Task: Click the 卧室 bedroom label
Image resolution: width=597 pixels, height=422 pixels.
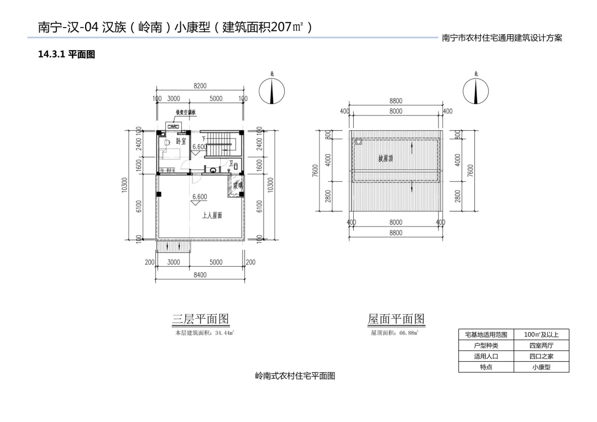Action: pos(181,141)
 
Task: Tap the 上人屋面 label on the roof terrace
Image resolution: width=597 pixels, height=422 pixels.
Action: pos(212,215)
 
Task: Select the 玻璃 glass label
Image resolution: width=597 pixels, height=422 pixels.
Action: pos(238,186)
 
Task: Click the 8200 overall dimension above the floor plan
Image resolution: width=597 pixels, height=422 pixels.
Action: pos(200,86)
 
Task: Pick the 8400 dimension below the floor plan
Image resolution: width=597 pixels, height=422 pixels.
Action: pos(200,275)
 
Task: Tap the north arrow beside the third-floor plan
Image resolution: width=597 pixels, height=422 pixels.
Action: pos(271,91)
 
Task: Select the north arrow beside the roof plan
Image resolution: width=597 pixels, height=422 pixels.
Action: pos(476,91)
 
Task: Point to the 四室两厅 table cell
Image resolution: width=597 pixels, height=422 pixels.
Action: pos(541,345)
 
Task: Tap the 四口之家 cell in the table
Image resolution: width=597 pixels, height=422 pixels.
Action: pos(541,356)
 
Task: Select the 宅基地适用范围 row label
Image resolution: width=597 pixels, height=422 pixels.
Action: pos(486,335)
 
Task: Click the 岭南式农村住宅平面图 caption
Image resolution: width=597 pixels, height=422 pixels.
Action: pos(295,376)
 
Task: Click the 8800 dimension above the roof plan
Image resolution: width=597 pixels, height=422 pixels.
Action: pos(396,101)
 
